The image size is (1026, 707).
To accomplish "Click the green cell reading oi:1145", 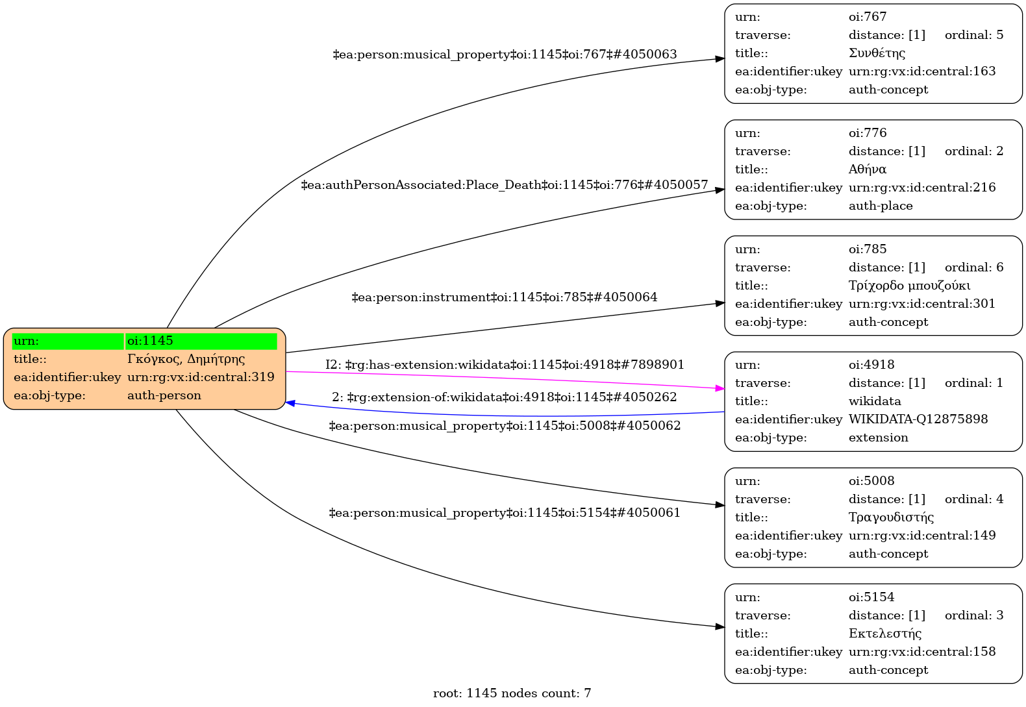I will click(x=201, y=341).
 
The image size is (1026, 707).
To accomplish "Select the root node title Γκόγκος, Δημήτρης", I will click(x=186, y=359).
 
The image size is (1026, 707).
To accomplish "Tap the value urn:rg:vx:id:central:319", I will click(x=201, y=377).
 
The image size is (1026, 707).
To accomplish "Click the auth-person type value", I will click(x=164, y=395).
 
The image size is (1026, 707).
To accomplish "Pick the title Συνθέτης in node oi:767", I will click(x=877, y=53).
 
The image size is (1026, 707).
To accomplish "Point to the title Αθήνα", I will click(x=868, y=169).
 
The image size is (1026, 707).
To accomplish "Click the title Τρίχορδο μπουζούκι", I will click(x=909, y=286).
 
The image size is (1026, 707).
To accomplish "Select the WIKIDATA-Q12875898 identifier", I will click(x=918, y=419).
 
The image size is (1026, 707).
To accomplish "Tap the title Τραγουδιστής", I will click(x=891, y=517).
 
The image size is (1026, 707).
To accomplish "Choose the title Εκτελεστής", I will click(x=885, y=634).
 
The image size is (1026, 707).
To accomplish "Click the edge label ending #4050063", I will click(x=505, y=55).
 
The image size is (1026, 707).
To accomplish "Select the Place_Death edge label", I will click(x=505, y=185).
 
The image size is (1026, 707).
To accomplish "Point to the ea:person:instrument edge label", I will click(x=505, y=297).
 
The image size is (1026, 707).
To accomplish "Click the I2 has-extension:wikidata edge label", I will click(x=505, y=365).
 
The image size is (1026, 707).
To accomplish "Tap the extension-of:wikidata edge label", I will click(x=505, y=397).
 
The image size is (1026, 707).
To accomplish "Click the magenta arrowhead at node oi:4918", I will click(x=719, y=388).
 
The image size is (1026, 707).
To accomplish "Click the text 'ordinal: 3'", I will click(x=974, y=615).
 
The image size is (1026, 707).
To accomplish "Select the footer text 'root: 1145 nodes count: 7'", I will click(x=512, y=693).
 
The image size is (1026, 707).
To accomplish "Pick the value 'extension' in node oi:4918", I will click(x=878, y=438).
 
